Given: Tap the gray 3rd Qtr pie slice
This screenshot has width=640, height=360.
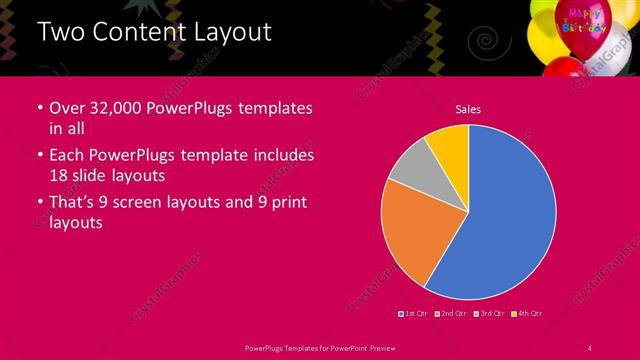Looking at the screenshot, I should pos(409,165).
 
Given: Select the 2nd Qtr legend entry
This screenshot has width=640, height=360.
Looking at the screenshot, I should pos(454,314).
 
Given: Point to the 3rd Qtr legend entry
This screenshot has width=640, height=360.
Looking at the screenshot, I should pos(491,314).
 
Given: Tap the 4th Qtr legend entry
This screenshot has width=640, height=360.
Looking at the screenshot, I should pos(528,314).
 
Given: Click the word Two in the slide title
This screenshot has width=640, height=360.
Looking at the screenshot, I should pos(60,32).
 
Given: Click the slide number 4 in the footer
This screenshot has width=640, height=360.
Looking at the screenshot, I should pos(590,346).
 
